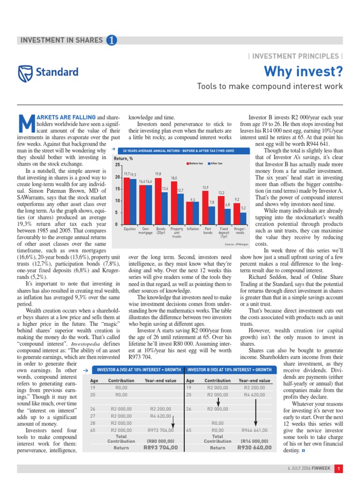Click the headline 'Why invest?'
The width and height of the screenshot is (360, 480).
click(303, 71)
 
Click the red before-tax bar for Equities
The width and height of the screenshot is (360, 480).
click(127, 201)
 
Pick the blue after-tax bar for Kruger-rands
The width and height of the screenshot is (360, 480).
click(243, 218)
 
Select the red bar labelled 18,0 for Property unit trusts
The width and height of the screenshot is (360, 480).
click(174, 203)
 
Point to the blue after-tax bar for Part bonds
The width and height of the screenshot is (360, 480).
click(211, 215)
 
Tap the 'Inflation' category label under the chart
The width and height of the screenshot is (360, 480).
click(193, 229)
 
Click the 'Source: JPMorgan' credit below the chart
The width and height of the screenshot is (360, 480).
click(235, 244)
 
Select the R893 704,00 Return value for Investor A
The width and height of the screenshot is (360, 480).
click(160, 448)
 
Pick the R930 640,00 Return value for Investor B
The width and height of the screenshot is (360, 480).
click(254, 448)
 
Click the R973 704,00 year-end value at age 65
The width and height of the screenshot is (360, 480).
click(160, 430)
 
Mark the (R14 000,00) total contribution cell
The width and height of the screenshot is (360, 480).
click(254, 441)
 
